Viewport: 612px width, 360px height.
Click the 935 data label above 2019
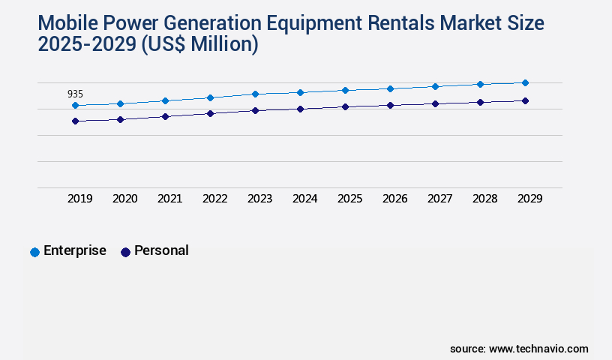[x=75, y=94]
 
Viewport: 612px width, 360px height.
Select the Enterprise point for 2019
[x=75, y=106]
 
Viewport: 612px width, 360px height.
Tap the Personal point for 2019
[x=75, y=121]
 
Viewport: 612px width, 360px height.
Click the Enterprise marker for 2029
[x=525, y=82]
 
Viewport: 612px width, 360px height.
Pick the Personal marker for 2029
[x=525, y=100]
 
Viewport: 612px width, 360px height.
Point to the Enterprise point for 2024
[x=300, y=92]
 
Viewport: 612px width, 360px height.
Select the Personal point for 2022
[x=210, y=113]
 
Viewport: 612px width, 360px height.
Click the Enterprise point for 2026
[x=390, y=88]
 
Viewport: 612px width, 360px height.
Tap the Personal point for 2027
[x=435, y=103]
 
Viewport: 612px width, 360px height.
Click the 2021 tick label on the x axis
[x=169, y=199]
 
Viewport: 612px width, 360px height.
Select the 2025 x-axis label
[x=349, y=199]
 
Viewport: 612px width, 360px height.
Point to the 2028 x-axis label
[x=484, y=199]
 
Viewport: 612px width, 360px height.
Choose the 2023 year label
[x=259, y=199]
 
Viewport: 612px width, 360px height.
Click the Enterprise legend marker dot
[x=34, y=252]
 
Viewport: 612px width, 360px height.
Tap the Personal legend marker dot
[x=125, y=252]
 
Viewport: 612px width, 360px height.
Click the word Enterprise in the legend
[x=75, y=250]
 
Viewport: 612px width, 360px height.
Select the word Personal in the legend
[x=161, y=250]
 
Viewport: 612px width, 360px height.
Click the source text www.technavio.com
[x=538, y=349]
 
